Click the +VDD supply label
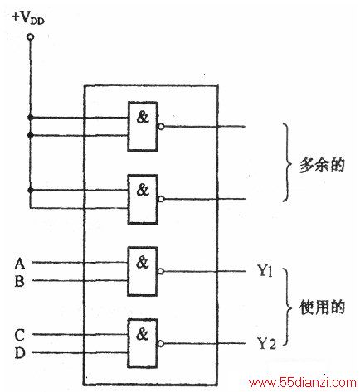pos(28,18)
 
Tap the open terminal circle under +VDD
pos(31,36)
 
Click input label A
pos(20,264)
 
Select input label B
pos(19,282)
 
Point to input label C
pos(20,335)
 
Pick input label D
pos(20,353)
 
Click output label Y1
pos(265,271)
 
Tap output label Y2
pos(266,343)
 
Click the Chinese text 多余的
pos(322,165)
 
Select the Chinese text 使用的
pos(322,307)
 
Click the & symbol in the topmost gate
pos(143,118)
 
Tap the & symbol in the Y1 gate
pos(143,262)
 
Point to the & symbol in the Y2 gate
pos(143,334)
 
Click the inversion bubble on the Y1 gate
pos(161,272)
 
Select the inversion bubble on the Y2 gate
pos(161,344)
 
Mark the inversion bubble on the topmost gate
pos(161,127)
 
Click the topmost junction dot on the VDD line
pos(31,118)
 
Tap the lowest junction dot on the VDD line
pos(31,190)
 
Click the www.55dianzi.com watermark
pos(302,383)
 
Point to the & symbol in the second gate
pos(143,190)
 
